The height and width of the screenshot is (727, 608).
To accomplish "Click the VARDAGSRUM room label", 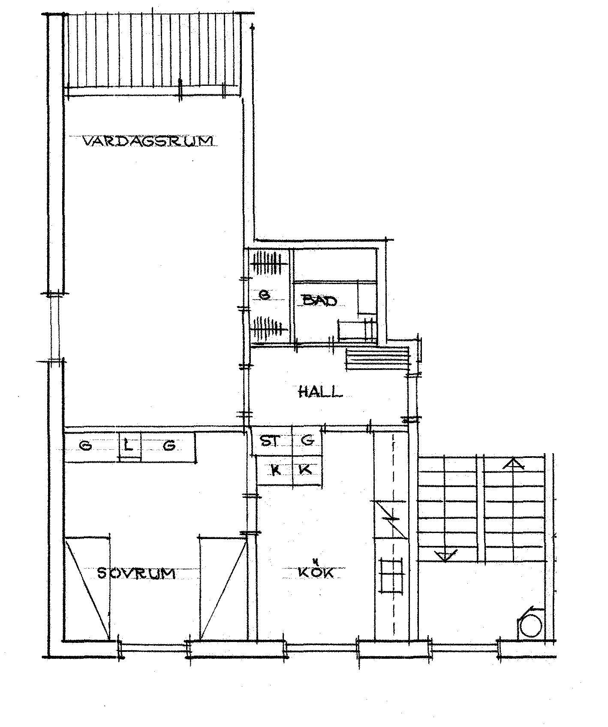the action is tap(147, 141).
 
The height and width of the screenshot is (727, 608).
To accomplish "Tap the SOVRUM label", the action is tap(136, 573).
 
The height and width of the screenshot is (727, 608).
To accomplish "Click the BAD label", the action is tap(320, 300).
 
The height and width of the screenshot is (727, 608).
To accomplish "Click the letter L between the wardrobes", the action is tap(129, 445).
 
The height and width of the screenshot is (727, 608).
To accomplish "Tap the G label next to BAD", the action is tap(265, 295).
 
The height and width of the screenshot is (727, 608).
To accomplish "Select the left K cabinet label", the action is tap(276, 470).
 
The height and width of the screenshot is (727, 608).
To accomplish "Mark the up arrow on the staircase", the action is tap(515, 463).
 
